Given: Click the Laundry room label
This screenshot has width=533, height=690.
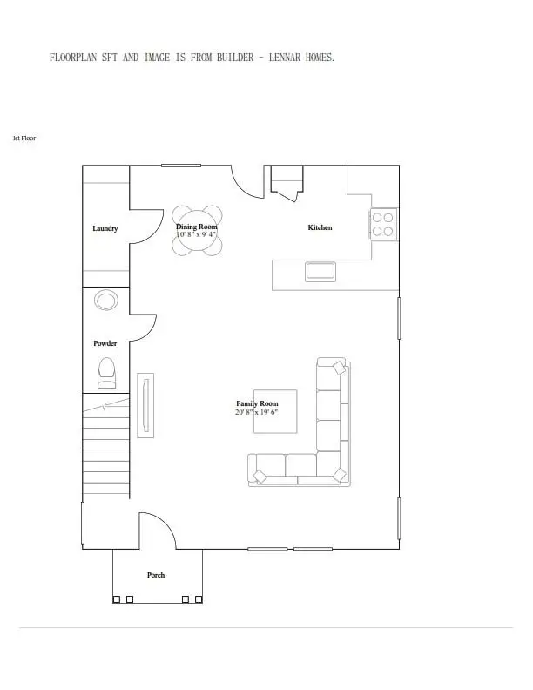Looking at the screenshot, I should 105,229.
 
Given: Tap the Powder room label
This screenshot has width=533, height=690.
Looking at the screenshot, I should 105,343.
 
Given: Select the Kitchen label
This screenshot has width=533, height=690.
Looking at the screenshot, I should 320,227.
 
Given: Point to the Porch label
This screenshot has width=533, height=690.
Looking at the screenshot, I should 156,575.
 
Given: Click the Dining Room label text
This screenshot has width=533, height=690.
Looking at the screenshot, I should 197,227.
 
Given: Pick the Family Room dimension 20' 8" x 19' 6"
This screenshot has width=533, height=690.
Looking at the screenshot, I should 257,412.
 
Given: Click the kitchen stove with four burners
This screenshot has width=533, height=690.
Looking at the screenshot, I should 383,223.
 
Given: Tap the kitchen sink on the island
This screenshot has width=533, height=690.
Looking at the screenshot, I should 320,271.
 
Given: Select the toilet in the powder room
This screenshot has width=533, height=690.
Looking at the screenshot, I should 107,373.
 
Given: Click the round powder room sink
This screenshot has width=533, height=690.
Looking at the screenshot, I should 106,301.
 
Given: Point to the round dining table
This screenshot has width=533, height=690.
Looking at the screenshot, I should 197,230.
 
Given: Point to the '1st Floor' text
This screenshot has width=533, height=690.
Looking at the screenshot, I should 24,138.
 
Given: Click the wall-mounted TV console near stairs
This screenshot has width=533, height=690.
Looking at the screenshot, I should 146,405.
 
